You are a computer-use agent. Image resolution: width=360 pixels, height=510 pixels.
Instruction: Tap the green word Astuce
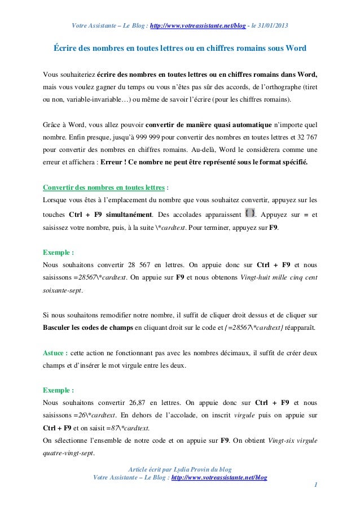55,353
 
